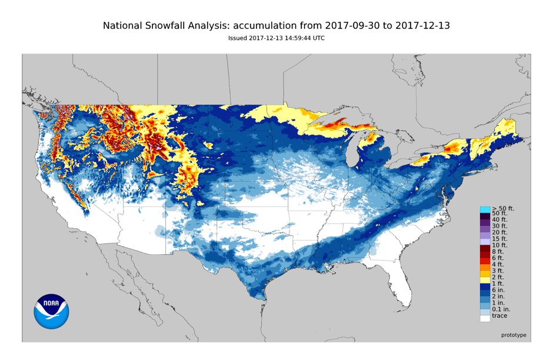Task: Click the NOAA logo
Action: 51,311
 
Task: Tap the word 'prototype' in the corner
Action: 514,335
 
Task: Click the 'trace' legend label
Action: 499,316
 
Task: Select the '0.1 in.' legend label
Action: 501,309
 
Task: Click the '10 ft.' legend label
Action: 499,245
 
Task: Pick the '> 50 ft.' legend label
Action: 503,208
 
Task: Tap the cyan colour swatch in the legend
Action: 485,209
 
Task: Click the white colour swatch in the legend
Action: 485,318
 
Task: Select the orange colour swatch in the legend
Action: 485,267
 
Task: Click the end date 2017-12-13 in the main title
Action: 422,26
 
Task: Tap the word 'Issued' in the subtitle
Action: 238,38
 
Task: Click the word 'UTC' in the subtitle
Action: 318,38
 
